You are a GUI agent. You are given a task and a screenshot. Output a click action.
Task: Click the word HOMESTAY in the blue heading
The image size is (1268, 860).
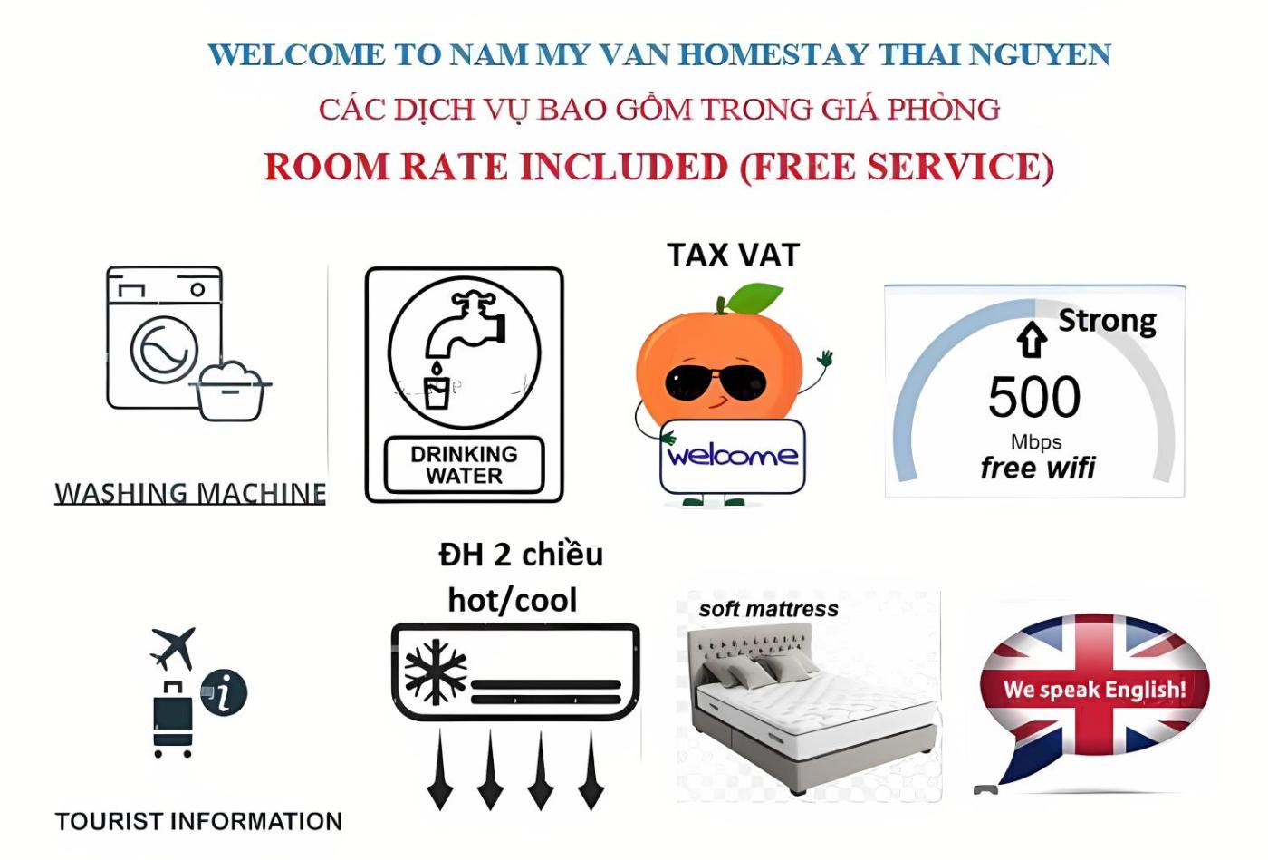(773, 55)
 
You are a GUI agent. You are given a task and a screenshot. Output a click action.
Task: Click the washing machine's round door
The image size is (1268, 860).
(164, 349)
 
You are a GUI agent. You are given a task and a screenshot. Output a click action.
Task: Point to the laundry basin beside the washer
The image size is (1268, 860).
(231, 391)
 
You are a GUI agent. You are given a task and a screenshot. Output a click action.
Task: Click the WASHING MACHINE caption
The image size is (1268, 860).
(190, 493)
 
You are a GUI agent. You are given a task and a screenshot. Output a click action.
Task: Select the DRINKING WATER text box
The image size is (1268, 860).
(464, 465)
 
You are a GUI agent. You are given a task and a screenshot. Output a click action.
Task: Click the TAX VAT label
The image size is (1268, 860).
(733, 256)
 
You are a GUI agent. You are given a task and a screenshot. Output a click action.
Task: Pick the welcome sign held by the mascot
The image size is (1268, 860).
(732, 456)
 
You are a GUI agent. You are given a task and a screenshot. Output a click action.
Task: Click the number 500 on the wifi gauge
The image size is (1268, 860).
(1034, 397)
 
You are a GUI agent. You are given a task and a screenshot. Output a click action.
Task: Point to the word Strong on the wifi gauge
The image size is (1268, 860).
(1107, 321)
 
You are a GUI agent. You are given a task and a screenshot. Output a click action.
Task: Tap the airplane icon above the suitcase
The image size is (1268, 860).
(174, 647)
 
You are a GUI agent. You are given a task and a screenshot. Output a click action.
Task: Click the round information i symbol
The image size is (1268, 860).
(224, 693)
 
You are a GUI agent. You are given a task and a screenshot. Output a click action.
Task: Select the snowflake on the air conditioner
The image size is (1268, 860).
(435, 672)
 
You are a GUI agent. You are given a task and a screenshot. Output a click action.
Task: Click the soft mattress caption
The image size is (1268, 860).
(768, 610)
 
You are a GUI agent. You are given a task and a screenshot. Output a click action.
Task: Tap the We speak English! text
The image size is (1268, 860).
(1094, 690)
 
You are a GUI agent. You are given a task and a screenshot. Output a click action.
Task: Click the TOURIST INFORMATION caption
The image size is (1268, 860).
(198, 822)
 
